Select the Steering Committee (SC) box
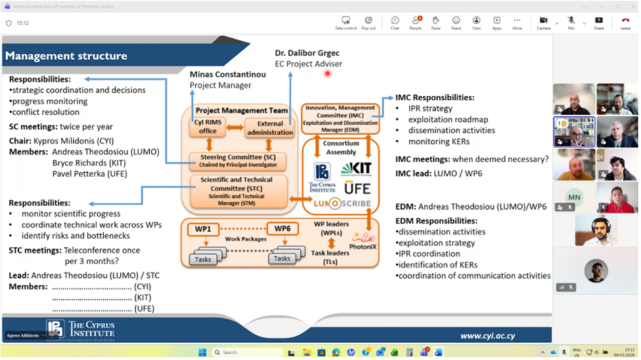[x=238, y=161]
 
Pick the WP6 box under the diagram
[x=282, y=229]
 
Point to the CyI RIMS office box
[x=208, y=127]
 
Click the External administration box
[x=270, y=128]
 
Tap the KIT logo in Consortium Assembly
[x=356, y=168]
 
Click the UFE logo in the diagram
[x=357, y=187]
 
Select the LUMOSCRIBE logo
[x=341, y=203]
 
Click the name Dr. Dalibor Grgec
[x=307, y=53]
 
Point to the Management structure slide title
[x=66, y=56]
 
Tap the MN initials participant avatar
[x=573, y=197]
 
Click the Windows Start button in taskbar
[x=202, y=352]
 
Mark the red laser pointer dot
[x=327, y=74]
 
